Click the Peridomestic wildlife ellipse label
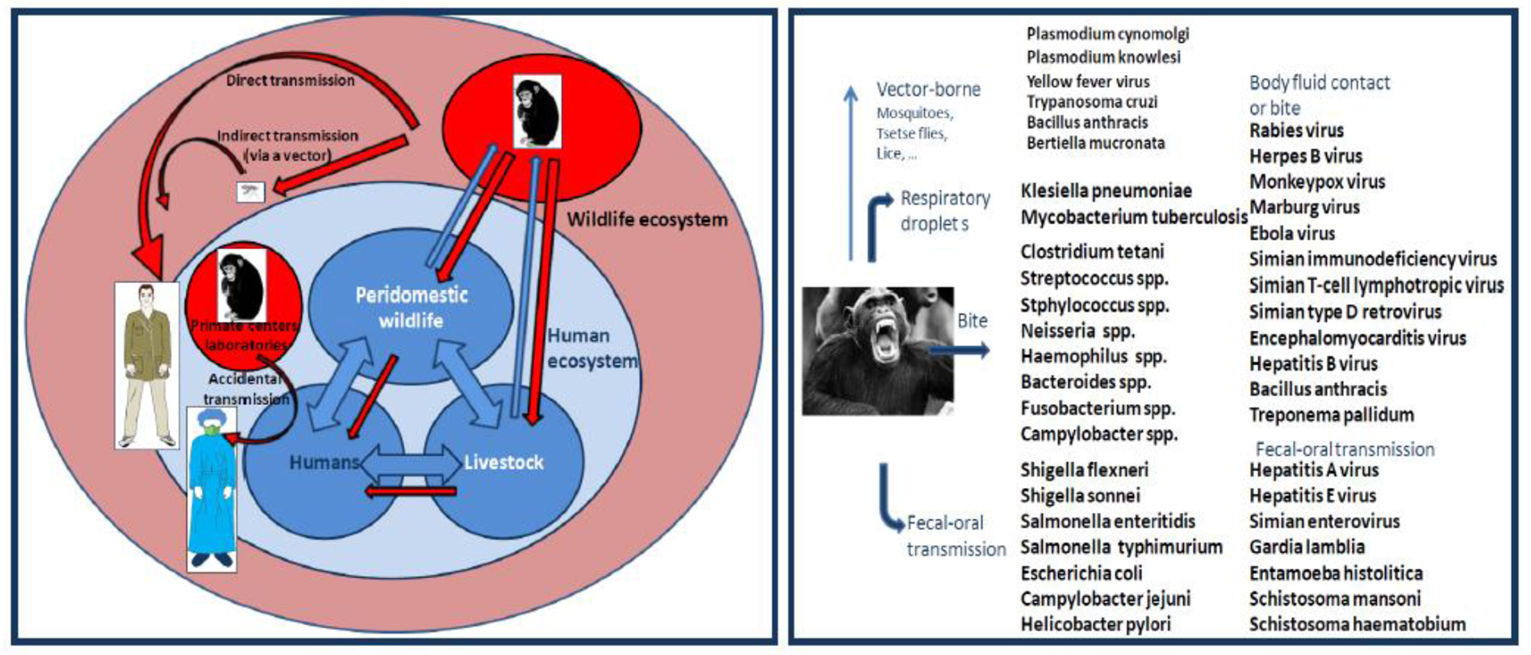[411, 307]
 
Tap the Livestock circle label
[503, 462]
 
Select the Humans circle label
[323, 462]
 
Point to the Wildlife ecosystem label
[647, 220]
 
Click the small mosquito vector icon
[251, 191]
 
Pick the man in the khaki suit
[147, 365]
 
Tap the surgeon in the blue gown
[212, 489]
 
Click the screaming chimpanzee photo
[878, 351]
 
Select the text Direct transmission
[290, 80]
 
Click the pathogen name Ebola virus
[1292, 233]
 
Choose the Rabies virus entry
[1296, 130]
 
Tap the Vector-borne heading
[928, 89]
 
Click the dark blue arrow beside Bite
[961, 350]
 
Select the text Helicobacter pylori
[1095, 624]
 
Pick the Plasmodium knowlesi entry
[1103, 57]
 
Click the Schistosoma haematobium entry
[1357, 624]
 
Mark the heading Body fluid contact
[1319, 82]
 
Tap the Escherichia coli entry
[1081, 573]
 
